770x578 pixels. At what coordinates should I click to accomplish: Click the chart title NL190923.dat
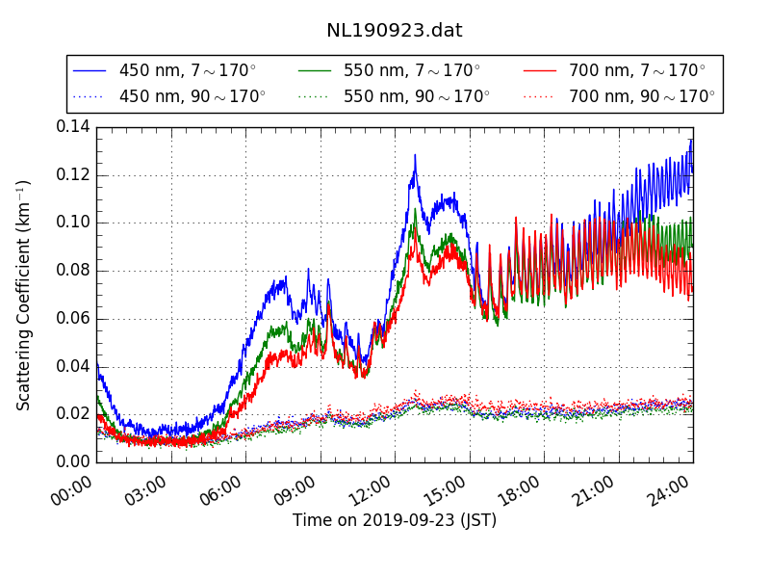click(x=395, y=31)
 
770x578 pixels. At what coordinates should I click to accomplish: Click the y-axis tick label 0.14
click(x=72, y=127)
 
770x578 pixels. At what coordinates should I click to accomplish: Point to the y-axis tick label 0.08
click(x=72, y=271)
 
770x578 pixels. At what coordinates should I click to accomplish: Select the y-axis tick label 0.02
click(x=72, y=414)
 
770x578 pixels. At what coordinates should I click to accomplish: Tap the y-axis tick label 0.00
click(x=72, y=461)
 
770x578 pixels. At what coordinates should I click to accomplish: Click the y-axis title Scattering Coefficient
click(x=24, y=295)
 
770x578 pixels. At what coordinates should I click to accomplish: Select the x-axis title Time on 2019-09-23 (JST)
click(x=395, y=521)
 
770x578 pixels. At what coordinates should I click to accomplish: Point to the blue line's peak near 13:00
click(x=415, y=155)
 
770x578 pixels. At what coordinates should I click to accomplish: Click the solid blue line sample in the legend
click(x=90, y=70)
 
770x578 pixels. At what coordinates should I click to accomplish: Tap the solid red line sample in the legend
click(x=539, y=70)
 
